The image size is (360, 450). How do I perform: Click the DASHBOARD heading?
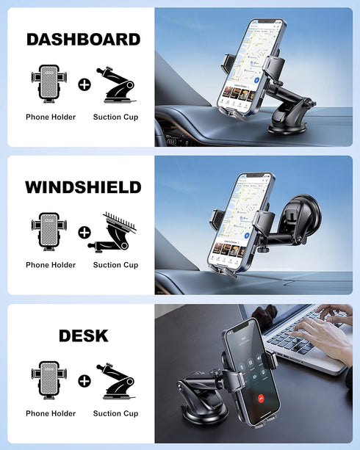[83, 40]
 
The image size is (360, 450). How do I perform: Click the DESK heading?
[83, 336]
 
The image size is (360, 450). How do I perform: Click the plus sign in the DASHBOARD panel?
[84, 84]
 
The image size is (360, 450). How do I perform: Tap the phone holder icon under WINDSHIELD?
[51, 232]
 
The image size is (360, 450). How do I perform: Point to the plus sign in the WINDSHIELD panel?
[84, 233]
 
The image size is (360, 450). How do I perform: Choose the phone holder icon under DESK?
[51, 380]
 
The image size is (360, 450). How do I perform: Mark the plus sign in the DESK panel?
[84, 381]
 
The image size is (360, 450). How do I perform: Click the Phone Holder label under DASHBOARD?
[51, 117]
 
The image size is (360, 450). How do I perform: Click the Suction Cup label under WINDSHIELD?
[115, 265]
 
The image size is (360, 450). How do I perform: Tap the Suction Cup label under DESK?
[115, 413]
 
